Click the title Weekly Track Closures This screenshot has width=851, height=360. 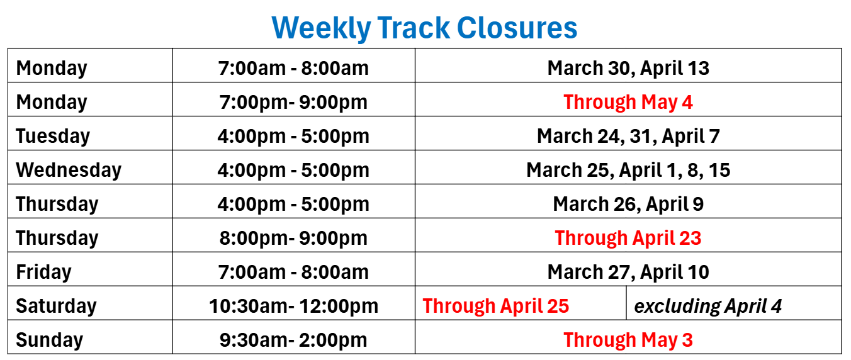424,28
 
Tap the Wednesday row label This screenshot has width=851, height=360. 69,170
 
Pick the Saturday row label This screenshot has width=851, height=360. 56,306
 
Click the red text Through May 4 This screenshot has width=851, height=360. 628,102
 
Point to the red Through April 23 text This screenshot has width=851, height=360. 628,238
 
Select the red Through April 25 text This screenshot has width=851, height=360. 496,306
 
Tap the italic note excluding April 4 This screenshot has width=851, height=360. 707,306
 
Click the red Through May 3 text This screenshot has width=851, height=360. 628,340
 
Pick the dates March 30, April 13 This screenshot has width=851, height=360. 628,69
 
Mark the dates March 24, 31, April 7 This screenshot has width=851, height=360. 628,137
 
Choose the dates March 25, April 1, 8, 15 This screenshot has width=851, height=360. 628,170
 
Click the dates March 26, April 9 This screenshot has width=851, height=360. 628,205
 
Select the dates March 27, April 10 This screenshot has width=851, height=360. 628,273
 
